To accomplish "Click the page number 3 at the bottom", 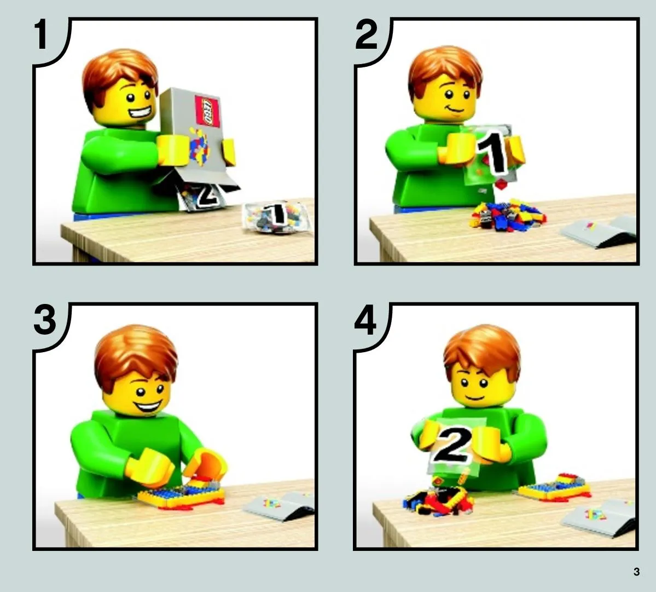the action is pos(636,572).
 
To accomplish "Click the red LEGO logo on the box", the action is pos(207,111).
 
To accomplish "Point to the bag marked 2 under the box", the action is pos(204,197).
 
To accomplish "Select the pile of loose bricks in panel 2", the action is pos(508,215).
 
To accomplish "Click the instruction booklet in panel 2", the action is pos(599,231).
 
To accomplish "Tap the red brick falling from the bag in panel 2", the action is pos(501,184).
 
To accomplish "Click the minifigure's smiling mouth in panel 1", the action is pos(140,113).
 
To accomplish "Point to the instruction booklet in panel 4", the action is pos(598,518).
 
